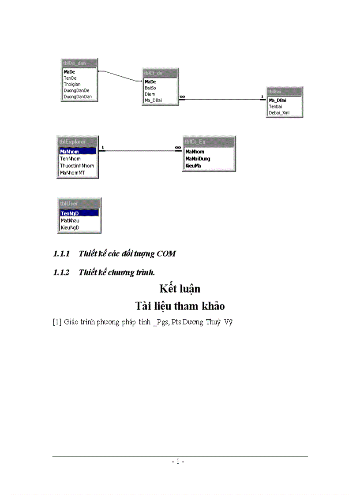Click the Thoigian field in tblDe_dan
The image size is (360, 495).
[x=72, y=84]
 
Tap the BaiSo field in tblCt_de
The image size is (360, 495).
[x=150, y=88]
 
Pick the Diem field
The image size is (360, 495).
[x=150, y=94]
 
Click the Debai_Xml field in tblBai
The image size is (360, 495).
[x=280, y=112]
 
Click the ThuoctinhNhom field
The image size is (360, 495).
[x=77, y=166]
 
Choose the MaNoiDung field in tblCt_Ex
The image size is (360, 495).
[x=198, y=159]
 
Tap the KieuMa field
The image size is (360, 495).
[x=193, y=166]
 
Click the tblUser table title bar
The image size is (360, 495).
[x=79, y=204]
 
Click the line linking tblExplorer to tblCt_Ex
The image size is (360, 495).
[x=137, y=151]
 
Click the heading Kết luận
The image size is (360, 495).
[x=180, y=289]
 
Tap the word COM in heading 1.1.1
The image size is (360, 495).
[x=166, y=253]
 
